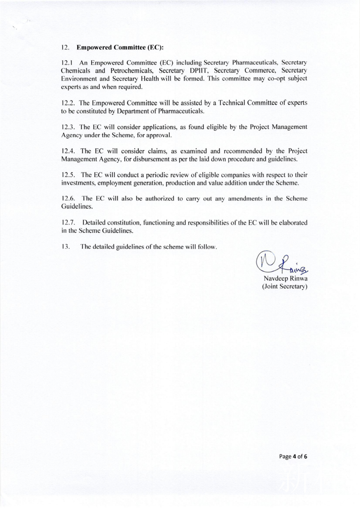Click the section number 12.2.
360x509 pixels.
click(68, 104)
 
